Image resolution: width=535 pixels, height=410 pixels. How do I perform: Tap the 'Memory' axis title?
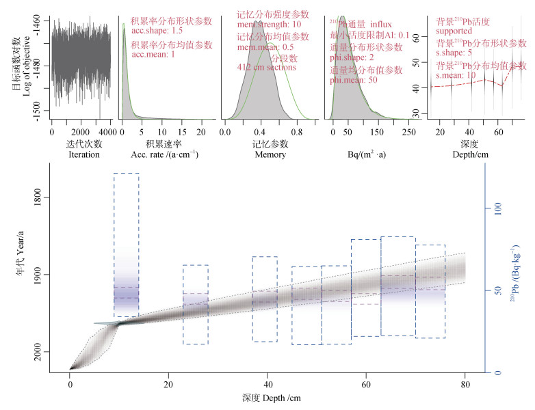pyautogui.click(x=270, y=154)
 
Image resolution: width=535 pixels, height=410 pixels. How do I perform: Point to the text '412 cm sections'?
pyautogui.click(x=266, y=67)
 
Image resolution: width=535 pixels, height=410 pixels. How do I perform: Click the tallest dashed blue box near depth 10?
pyautogui.click(x=126, y=245)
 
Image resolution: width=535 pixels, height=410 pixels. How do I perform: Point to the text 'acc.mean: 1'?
pyautogui.click(x=153, y=54)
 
